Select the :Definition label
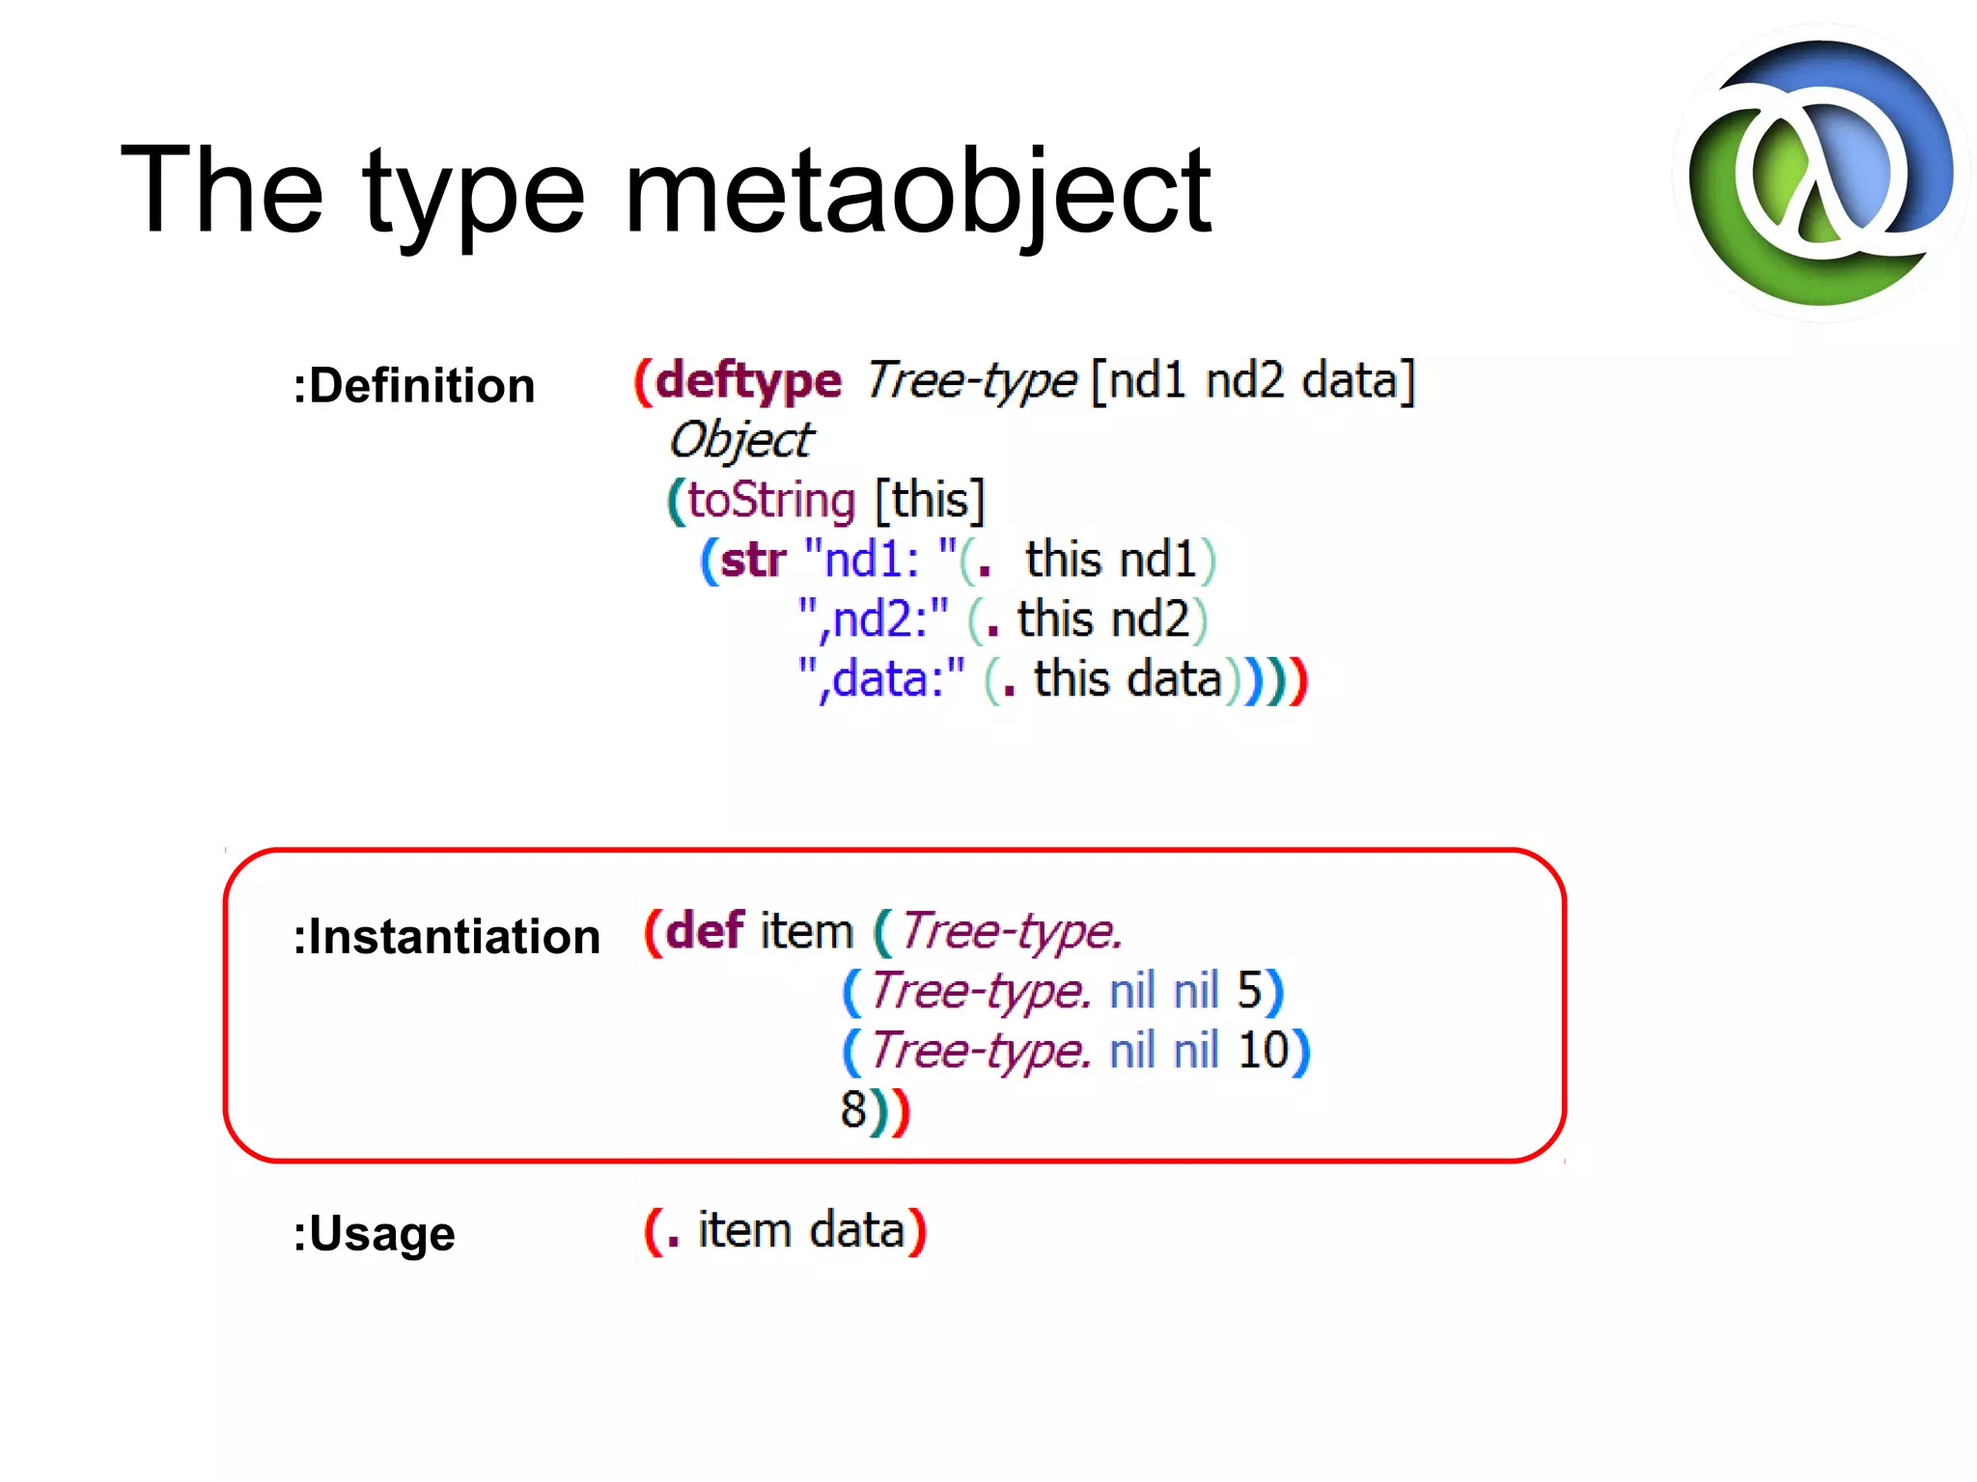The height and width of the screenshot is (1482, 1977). tap(413, 386)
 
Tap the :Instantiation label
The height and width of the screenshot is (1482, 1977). tap(446, 937)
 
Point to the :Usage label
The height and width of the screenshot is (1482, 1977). tap(374, 1234)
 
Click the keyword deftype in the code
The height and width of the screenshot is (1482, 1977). tap(748, 381)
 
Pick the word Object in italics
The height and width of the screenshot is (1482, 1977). tap(741, 441)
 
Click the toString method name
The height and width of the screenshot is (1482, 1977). tap(771, 501)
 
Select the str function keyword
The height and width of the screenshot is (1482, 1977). tap(753, 561)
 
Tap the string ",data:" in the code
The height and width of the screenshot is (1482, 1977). tap(881, 680)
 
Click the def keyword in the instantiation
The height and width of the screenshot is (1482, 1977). tap(705, 932)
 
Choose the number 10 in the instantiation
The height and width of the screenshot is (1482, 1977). tap(1264, 1051)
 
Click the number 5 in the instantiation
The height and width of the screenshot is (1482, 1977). tap(1249, 991)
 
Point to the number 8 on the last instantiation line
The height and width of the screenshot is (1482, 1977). tap(853, 1111)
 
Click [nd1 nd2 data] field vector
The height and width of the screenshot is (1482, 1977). tap(1252, 381)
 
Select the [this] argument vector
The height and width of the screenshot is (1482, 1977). tap(930, 501)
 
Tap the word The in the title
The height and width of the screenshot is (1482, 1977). tap(221, 191)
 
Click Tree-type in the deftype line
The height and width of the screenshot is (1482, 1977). tap(970, 381)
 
